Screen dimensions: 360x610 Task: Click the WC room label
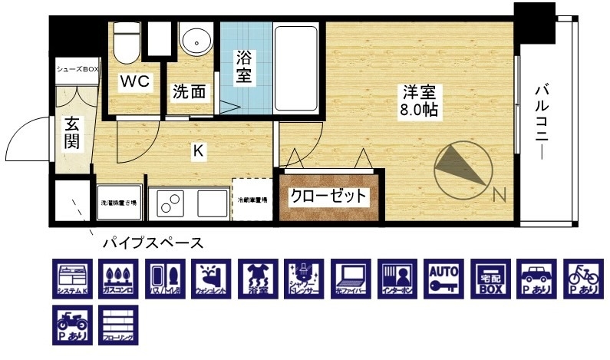pos(134,81)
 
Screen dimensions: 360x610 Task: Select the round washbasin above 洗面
pos(199,41)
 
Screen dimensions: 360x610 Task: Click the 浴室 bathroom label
pos(243,68)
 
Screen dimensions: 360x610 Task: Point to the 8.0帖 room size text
pos(418,110)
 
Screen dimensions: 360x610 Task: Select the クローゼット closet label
pos(328,196)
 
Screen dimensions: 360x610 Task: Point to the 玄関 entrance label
pos(71,132)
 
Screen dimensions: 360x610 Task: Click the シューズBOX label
pos(77,69)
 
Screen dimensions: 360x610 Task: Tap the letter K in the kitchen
pos(197,151)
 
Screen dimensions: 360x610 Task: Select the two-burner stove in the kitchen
pos(170,203)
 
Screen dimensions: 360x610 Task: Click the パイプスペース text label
pos(153,243)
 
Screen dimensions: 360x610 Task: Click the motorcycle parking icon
pos(71,325)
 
